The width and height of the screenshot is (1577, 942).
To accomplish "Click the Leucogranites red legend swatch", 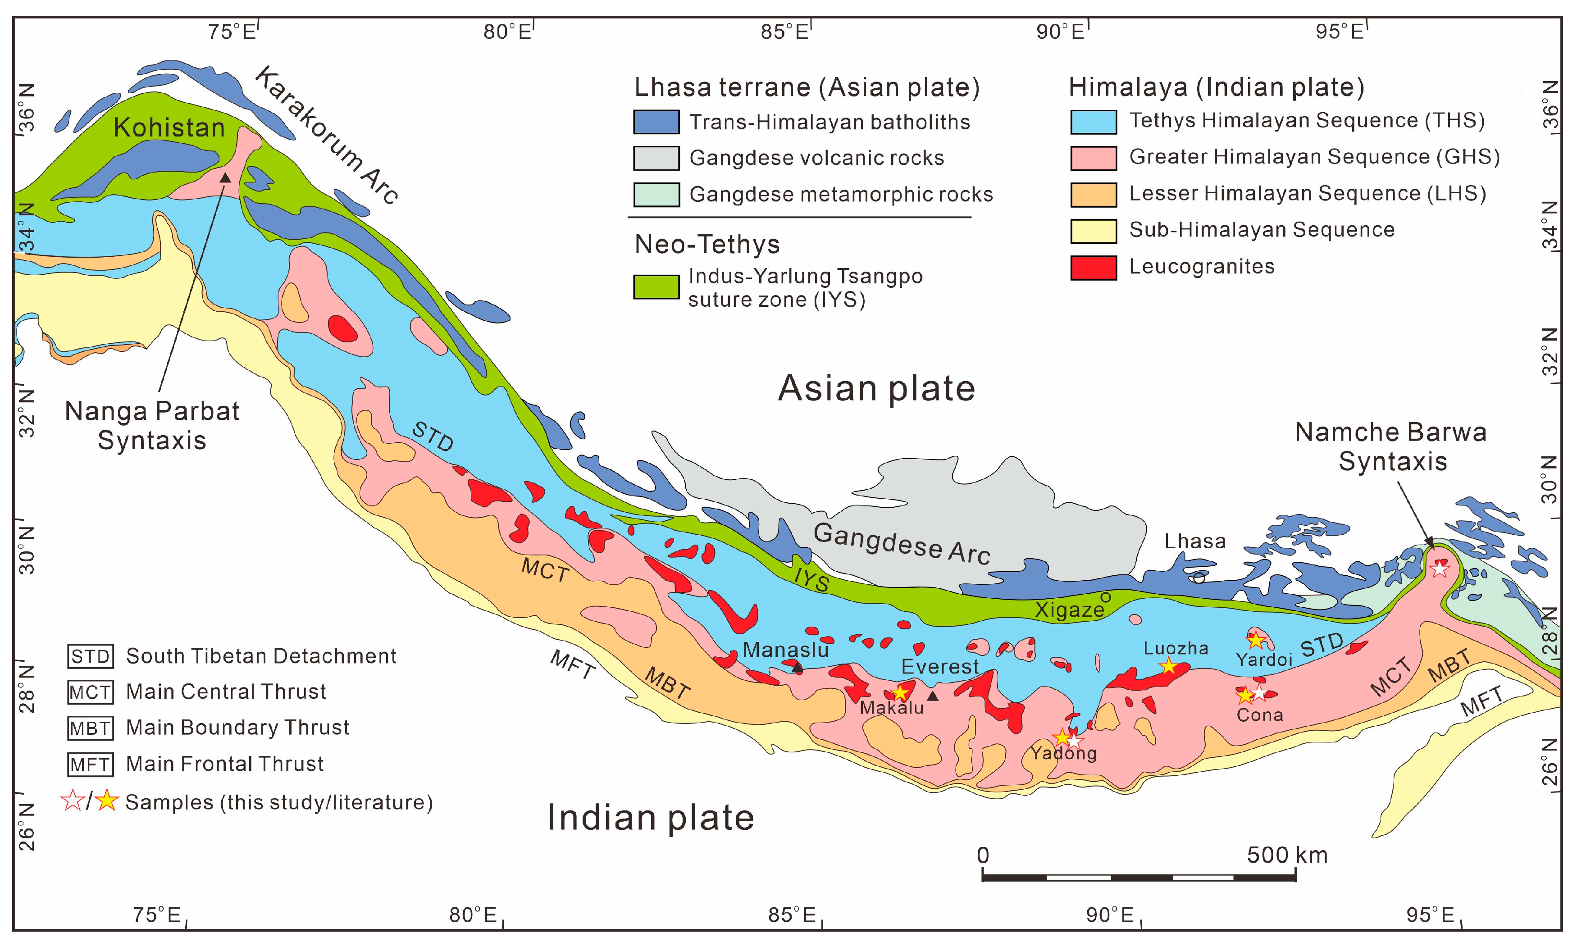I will (1093, 267).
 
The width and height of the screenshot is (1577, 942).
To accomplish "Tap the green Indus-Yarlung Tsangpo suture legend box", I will (656, 287).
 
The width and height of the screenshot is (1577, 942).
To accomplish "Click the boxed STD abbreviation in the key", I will (90, 656).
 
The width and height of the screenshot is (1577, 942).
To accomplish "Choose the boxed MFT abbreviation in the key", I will (90, 764).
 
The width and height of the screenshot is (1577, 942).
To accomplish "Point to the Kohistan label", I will (169, 127).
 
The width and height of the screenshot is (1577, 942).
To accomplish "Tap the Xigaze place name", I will (1069, 610).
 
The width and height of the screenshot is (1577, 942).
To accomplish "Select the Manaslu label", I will (785, 650).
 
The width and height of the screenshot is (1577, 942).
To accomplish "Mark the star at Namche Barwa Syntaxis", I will (1439, 569).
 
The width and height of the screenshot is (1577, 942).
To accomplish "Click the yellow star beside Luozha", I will (1168, 666).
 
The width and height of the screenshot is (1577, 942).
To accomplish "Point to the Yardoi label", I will (1264, 660).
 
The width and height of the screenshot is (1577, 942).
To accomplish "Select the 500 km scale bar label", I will (1287, 855).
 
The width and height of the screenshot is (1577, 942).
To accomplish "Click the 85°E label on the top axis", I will (785, 31).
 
